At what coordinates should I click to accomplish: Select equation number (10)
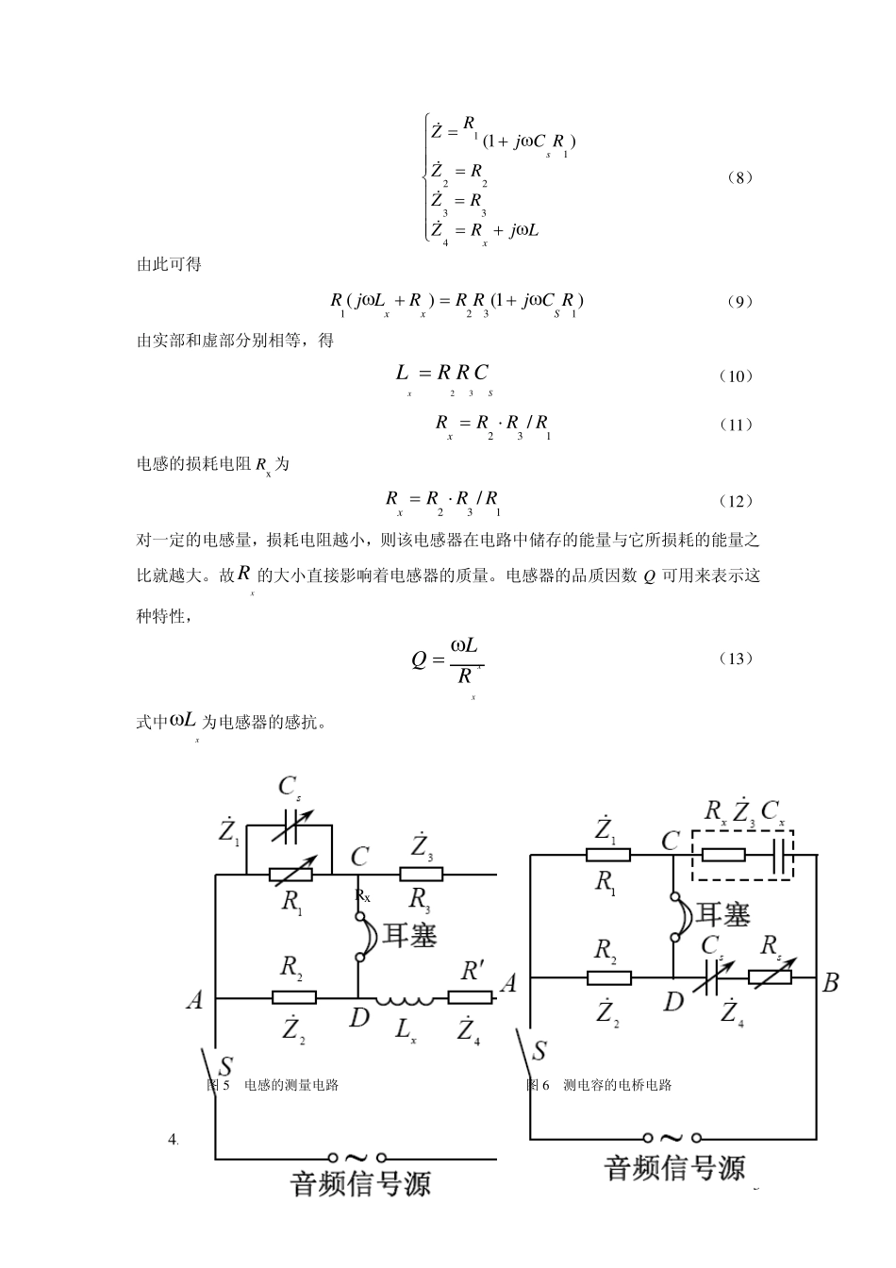(x=736, y=375)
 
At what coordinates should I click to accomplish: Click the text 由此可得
(x=170, y=264)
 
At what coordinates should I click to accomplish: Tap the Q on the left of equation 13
(x=419, y=659)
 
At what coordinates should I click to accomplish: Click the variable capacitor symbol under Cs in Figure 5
(x=289, y=827)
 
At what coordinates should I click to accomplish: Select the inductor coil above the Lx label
(x=404, y=999)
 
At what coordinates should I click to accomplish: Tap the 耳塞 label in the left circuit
(x=409, y=933)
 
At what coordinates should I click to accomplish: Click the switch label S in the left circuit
(x=225, y=1066)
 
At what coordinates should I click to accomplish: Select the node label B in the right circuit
(x=830, y=983)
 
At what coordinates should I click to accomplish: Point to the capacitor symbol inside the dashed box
(x=781, y=856)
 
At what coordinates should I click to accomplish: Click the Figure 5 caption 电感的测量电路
(x=291, y=1085)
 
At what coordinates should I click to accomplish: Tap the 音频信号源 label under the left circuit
(x=360, y=1183)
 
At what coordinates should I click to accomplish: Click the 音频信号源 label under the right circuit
(x=674, y=1168)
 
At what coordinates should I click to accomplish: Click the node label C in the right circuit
(x=671, y=841)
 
